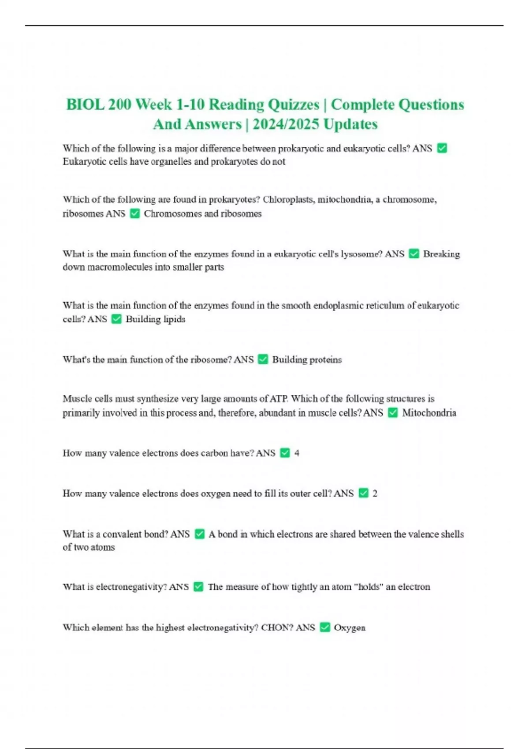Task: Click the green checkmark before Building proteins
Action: [x=263, y=360]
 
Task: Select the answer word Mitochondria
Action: [x=429, y=413]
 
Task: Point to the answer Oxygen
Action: [x=350, y=627]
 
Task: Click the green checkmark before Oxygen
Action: [x=325, y=627]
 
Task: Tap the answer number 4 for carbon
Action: [x=297, y=453]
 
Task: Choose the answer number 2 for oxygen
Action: [x=375, y=493]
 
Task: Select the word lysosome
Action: [x=361, y=254]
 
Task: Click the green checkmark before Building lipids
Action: [x=116, y=319]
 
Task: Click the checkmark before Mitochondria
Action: [x=393, y=413]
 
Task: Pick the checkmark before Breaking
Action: [x=414, y=254]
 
